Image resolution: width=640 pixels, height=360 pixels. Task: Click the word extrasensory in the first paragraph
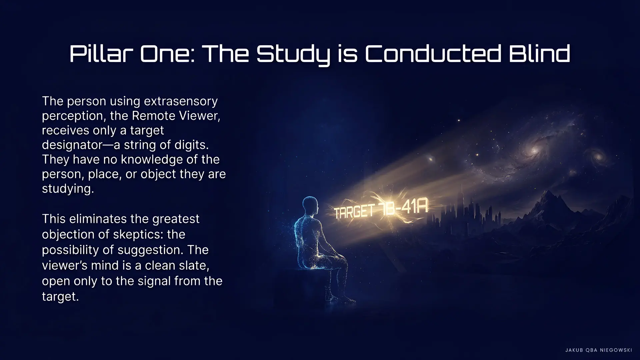click(180, 101)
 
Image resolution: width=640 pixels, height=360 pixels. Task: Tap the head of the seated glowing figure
click(310, 204)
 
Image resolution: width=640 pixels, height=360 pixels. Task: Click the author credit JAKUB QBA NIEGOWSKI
click(599, 350)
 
